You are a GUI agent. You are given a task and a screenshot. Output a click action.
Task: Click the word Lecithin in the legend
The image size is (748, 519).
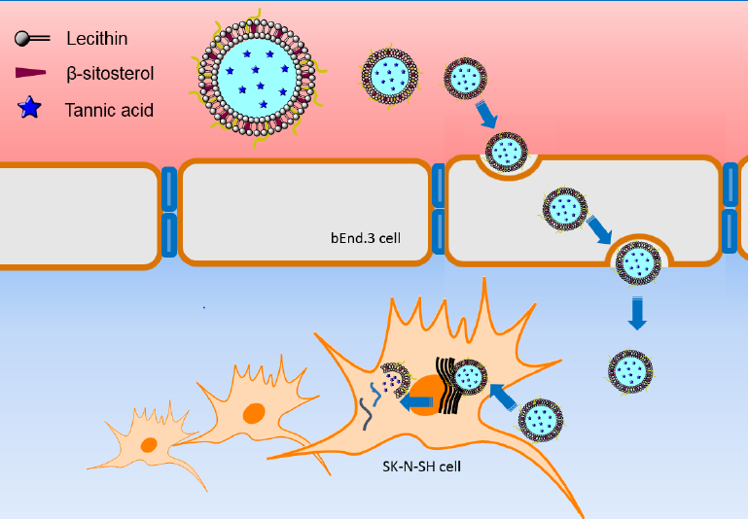coord(97,39)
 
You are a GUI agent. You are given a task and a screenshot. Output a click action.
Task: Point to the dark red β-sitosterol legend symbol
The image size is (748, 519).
coord(31,73)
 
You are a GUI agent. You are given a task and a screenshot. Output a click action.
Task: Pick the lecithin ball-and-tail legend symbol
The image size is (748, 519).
coord(31,39)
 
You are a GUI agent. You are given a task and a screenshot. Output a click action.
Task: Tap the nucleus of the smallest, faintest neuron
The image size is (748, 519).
coord(149,444)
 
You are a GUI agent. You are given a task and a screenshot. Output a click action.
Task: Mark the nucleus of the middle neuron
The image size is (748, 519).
coord(253,413)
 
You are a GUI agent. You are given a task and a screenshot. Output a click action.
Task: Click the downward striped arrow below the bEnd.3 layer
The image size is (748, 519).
coord(636,313)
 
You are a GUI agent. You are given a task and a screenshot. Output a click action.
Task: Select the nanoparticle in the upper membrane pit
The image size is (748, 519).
coord(507,152)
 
